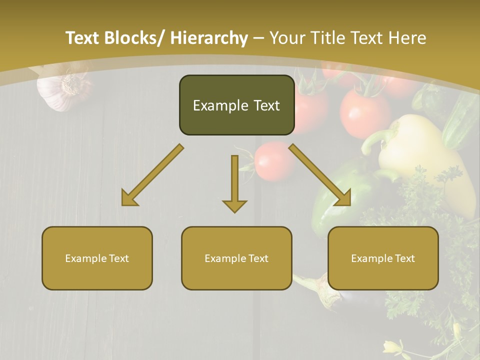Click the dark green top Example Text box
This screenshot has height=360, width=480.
tap(236, 105)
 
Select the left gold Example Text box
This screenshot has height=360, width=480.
tap(97, 258)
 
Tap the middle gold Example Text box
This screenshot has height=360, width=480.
tap(236, 258)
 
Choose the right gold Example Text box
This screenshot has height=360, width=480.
tap(383, 258)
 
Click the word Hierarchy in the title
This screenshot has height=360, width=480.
tap(209, 38)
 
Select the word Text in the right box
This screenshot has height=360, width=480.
tap(404, 258)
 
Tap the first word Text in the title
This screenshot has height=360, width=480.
tap(82, 38)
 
